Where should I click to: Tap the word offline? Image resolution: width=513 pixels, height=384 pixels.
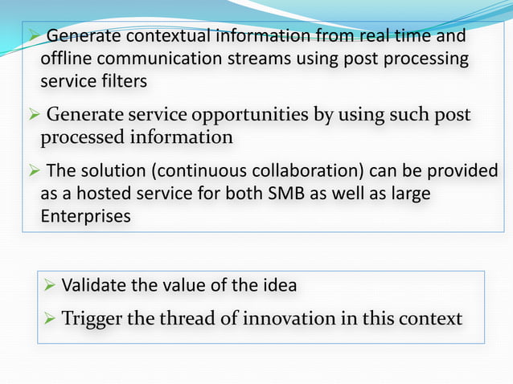pyautogui.click(x=66, y=60)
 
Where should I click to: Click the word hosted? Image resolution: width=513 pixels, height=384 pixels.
pyautogui.click(x=101, y=194)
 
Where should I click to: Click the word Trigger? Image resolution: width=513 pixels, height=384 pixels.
pyautogui.click(x=90, y=319)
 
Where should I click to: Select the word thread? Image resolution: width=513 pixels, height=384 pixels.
pyautogui.click(x=187, y=319)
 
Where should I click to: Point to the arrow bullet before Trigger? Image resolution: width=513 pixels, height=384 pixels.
pyautogui.click(x=49, y=319)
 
